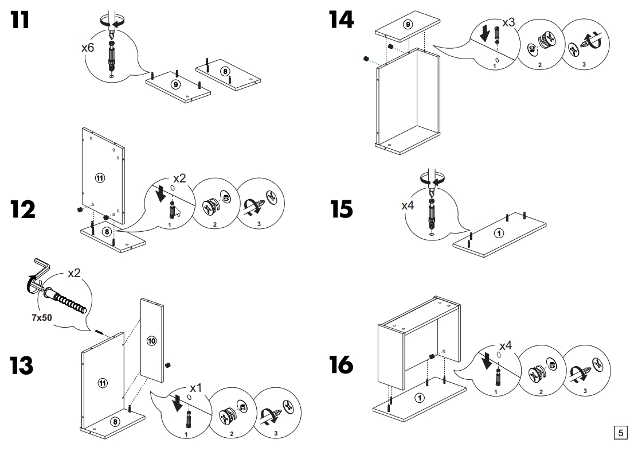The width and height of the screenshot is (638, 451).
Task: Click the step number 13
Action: [x=24, y=364]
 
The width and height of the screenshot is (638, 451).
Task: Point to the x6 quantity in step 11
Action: [x=88, y=48]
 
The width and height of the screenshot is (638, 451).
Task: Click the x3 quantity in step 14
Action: [x=508, y=23]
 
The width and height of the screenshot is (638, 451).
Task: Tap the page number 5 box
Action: [x=620, y=431]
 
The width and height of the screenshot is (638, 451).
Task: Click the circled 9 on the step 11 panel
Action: [x=176, y=84]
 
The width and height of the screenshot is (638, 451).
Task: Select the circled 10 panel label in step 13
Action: [x=152, y=341]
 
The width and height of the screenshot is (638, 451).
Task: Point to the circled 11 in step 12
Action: [x=100, y=178]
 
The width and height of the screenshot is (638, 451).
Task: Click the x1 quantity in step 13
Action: [x=195, y=387]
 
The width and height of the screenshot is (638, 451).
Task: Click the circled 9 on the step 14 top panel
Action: [x=408, y=25]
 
